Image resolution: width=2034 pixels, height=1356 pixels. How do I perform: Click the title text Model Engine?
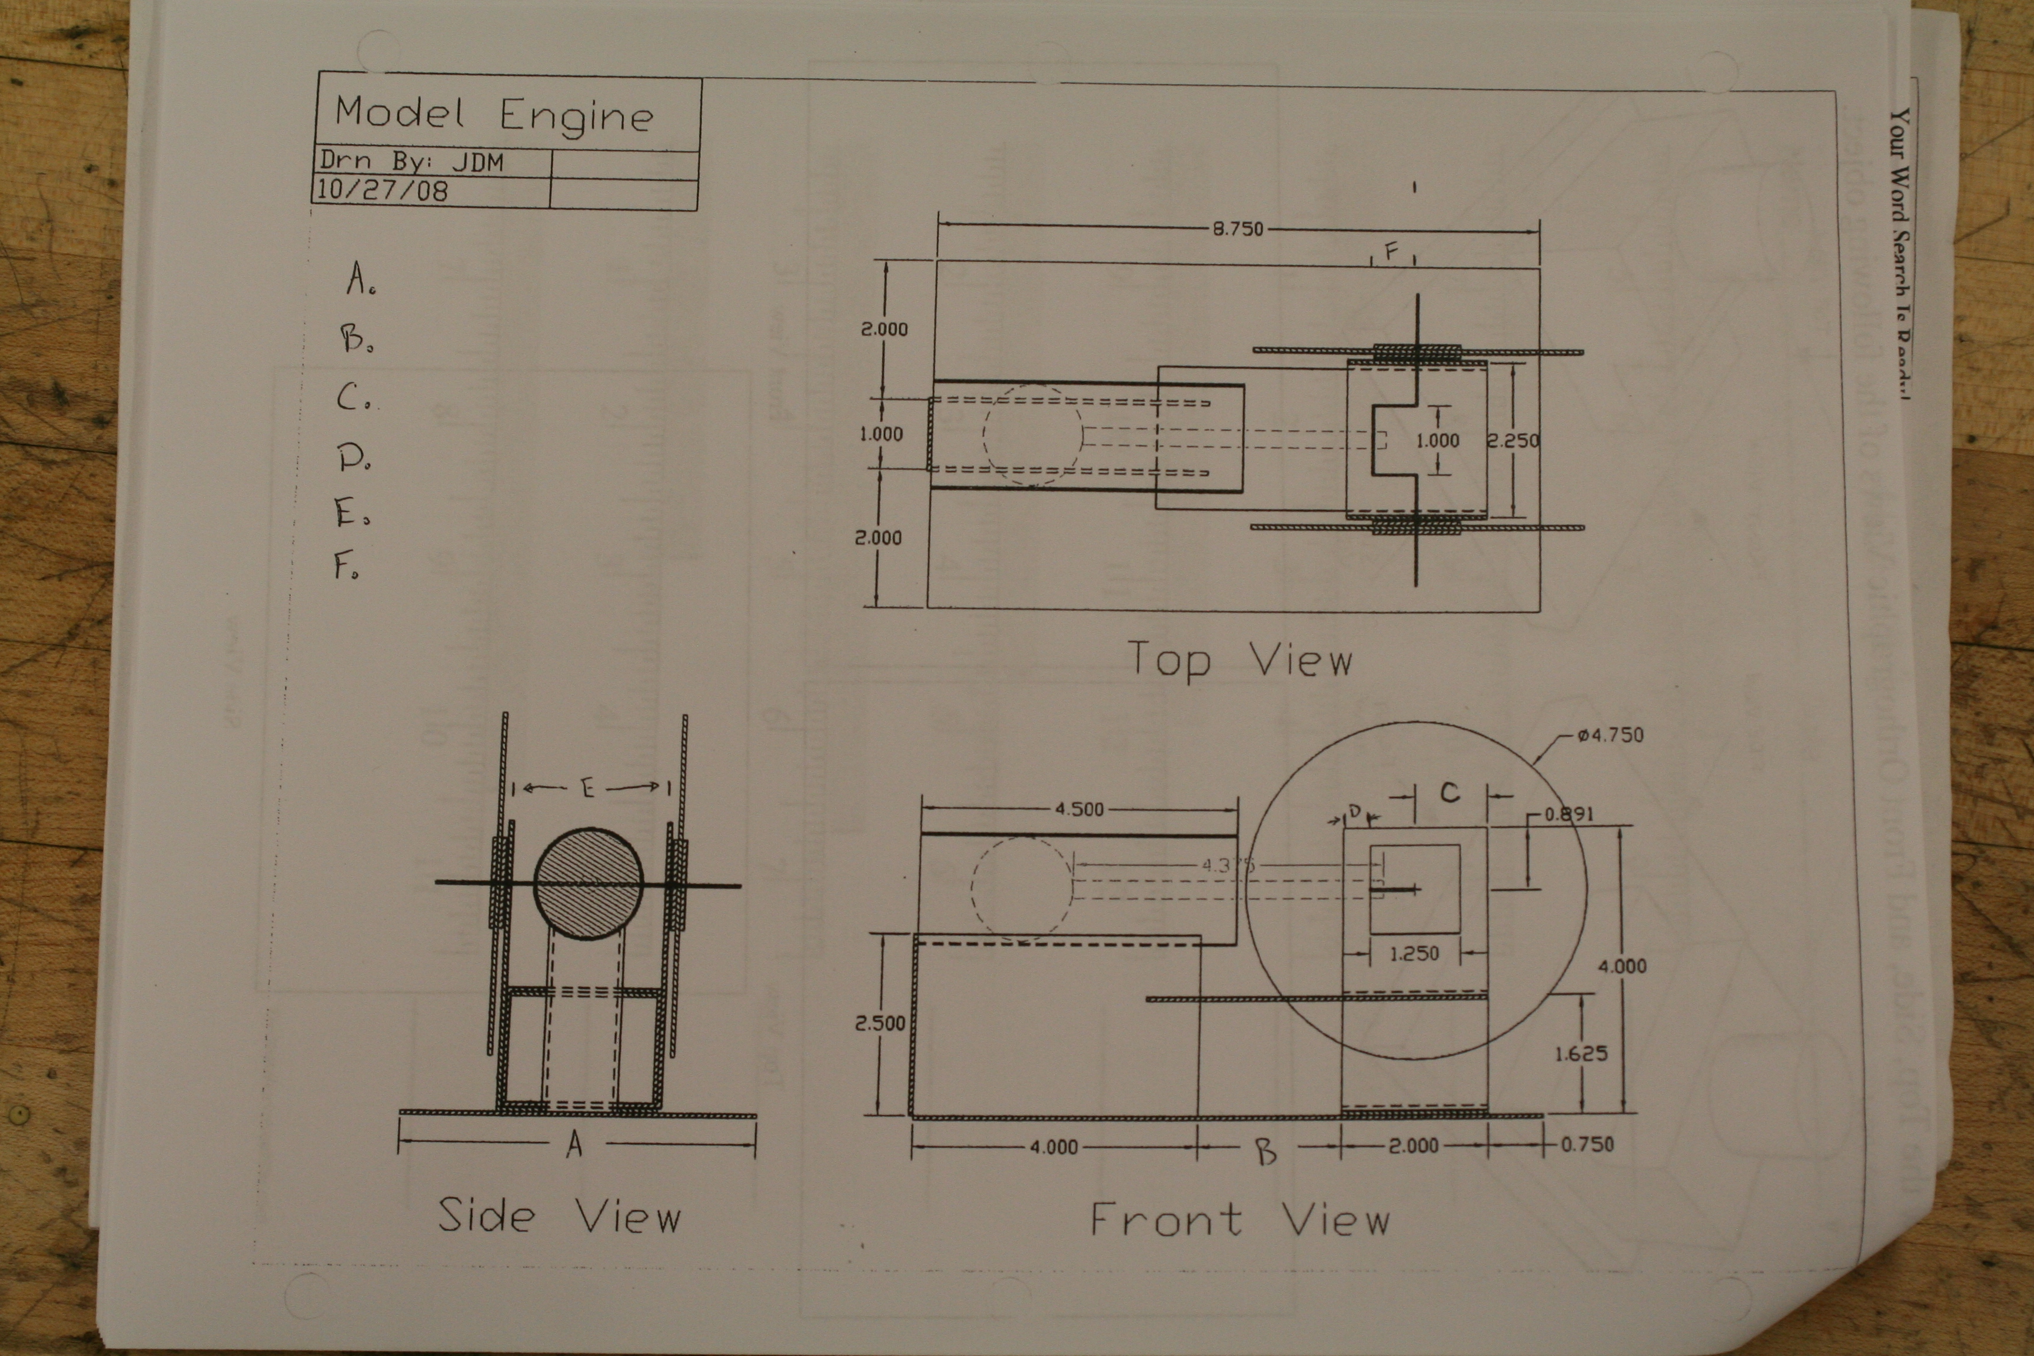tap(494, 115)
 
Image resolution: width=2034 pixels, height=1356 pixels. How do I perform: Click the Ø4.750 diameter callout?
tap(1610, 735)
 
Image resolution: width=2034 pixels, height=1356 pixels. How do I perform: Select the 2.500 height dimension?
tap(879, 1023)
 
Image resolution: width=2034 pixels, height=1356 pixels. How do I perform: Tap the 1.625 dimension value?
tap(1580, 1053)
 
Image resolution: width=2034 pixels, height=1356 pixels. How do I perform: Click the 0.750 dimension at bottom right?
tap(1586, 1144)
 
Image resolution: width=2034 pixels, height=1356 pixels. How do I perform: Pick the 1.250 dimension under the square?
tap(1414, 954)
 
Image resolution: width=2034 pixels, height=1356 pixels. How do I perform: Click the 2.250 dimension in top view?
tap(1513, 440)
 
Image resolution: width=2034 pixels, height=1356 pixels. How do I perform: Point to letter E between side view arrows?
tap(588, 788)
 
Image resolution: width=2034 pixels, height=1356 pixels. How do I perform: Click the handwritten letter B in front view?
tap(1265, 1151)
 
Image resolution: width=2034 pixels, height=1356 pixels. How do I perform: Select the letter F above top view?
tap(1391, 252)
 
